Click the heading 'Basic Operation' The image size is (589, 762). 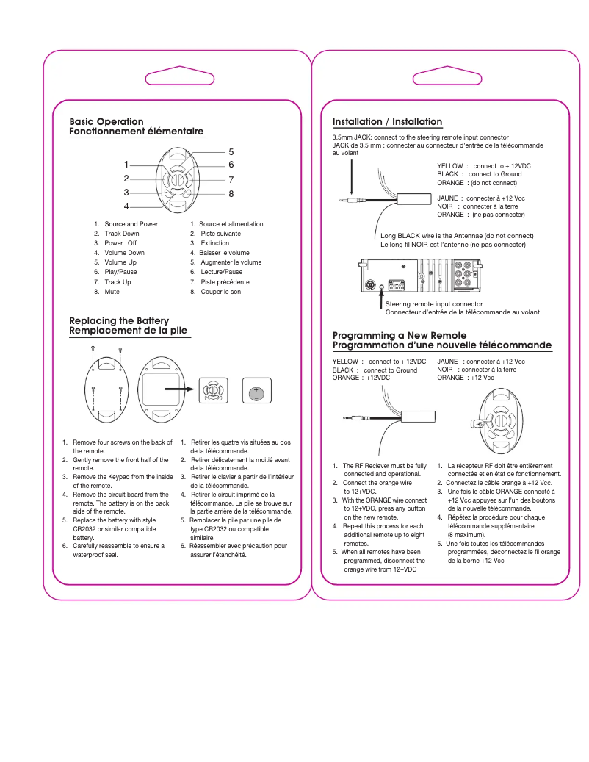pyautogui.click(x=106, y=121)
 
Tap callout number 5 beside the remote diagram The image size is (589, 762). pyautogui.click(x=231, y=152)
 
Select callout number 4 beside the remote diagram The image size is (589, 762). pyautogui.click(x=126, y=206)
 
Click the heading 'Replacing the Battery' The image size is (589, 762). pyautogui.click(x=119, y=320)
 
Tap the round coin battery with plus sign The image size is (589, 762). pyautogui.click(x=257, y=393)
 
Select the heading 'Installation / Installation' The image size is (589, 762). pyautogui.click(x=387, y=121)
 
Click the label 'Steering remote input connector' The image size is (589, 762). pyautogui.click(x=434, y=303)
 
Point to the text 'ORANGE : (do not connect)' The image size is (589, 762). pyautogui.click(x=477, y=182)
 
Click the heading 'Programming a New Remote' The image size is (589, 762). pyautogui.click(x=400, y=335)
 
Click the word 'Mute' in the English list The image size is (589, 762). pyautogui.click(x=112, y=292)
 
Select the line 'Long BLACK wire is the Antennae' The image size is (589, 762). pyautogui.click(x=457, y=236)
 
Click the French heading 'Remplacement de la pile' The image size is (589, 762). pyautogui.click(x=129, y=331)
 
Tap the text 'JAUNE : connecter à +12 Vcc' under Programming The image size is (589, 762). pyautogui.click(x=481, y=362)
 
